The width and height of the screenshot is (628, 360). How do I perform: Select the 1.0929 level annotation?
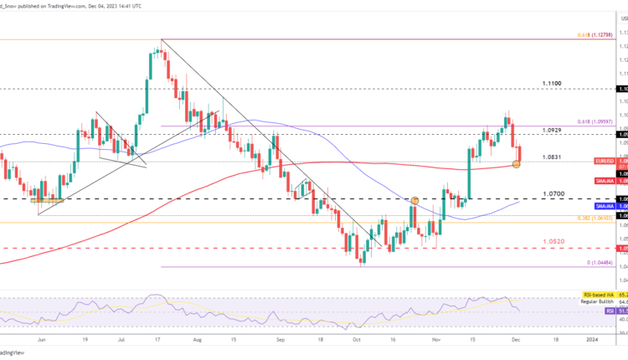tap(551, 131)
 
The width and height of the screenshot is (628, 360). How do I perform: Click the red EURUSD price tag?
tap(605, 161)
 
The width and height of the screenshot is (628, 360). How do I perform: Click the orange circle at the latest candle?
tap(516, 163)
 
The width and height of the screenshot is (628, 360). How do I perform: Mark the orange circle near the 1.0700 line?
tap(414, 200)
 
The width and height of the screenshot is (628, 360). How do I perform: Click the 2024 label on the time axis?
tap(591, 340)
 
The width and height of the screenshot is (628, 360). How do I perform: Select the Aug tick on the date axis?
tap(197, 340)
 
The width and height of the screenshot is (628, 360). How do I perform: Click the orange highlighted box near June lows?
tap(47, 200)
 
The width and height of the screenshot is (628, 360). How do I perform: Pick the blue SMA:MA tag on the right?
tap(605, 205)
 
